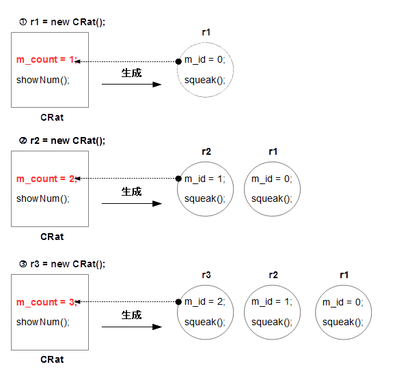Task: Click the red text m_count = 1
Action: coord(46,60)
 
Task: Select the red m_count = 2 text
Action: coord(46,179)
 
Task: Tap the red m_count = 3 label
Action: coord(46,303)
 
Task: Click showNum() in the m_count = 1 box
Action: coord(43,80)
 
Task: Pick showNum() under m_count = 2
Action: coord(43,200)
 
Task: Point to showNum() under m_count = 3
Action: coord(43,322)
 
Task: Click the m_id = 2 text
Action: coord(204,303)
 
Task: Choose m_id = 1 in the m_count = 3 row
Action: coord(271,303)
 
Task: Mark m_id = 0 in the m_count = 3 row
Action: coord(342,303)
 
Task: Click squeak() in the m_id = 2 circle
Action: coord(204,322)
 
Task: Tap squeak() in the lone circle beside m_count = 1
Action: coord(204,80)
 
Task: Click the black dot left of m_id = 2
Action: coord(178,301)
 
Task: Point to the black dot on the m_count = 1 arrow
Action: coord(178,61)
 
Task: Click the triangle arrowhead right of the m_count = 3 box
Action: coord(158,327)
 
